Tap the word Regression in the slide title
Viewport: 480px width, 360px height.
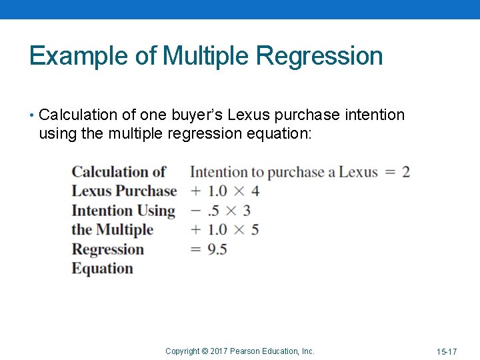click(x=319, y=56)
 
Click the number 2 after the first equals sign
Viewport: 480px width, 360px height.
click(x=406, y=172)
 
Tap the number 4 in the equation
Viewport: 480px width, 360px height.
click(x=255, y=191)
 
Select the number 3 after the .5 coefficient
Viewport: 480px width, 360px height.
click(x=246, y=211)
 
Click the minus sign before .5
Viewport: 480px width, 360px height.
click(x=196, y=211)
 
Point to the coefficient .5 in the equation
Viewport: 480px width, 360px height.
click(x=213, y=211)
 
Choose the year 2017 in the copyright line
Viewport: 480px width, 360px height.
click(x=220, y=351)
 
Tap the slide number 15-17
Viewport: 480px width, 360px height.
click(x=447, y=351)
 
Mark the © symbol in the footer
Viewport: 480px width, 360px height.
click(x=205, y=351)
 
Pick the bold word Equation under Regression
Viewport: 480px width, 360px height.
click(x=102, y=269)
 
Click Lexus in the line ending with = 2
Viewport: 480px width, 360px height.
click(x=358, y=172)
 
